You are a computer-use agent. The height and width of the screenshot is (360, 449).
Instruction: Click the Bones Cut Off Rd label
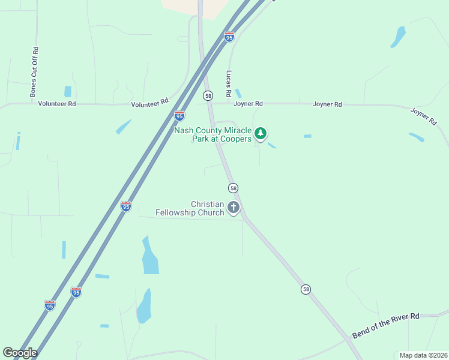click(34, 71)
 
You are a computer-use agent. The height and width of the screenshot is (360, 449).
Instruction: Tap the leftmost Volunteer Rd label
click(57, 103)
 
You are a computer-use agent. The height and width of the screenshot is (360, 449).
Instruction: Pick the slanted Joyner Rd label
click(424, 116)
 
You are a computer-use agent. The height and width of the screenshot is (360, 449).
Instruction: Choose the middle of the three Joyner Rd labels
click(327, 104)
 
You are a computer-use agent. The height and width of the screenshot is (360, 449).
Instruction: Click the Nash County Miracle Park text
click(212, 135)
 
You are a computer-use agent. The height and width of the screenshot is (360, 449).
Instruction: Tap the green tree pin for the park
click(260, 133)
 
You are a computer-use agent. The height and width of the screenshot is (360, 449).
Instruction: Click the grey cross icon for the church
click(233, 208)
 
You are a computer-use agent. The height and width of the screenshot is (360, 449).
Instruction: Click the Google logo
click(20, 353)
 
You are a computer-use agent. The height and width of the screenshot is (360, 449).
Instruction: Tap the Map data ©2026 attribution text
click(423, 355)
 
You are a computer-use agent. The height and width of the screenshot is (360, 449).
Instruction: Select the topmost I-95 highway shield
click(229, 37)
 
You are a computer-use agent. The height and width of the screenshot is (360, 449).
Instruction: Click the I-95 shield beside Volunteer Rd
click(179, 115)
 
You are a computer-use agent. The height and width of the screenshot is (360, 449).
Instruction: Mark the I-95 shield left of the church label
click(125, 206)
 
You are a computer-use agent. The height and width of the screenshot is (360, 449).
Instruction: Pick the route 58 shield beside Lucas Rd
click(208, 95)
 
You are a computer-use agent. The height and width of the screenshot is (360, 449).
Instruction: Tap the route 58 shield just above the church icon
click(233, 188)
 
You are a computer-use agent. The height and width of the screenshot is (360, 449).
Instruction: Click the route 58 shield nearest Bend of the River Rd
click(306, 289)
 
